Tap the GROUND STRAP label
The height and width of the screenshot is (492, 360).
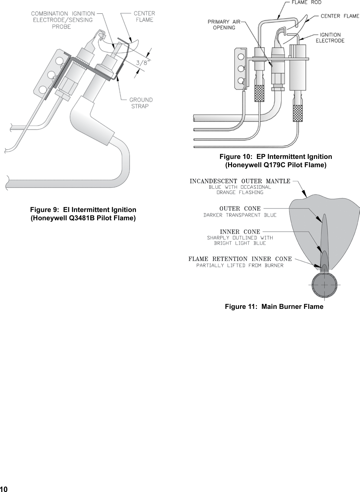[141, 103]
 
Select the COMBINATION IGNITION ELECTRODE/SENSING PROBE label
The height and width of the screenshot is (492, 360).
[63, 20]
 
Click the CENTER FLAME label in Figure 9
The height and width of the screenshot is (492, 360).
[144, 17]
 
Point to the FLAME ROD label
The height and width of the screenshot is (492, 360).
[306, 3]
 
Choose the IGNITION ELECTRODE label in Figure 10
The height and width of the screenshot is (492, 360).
[330, 37]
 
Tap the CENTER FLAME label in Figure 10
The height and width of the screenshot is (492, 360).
[340, 16]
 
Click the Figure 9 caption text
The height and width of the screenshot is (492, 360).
[83, 214]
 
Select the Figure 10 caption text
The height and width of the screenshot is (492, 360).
[275, 161]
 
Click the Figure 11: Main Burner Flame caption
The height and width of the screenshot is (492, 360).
[274, 307]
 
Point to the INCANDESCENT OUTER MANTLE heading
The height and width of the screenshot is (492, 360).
[240, 181]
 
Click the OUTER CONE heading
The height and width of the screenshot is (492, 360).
[240, 209]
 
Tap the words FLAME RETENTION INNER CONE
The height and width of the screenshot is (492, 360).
[240, 259]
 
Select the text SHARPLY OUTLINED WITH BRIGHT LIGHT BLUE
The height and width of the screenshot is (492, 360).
[240, 240]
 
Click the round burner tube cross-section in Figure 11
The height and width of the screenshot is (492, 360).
[324, 285]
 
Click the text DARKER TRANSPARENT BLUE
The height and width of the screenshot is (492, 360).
[240, 215]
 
